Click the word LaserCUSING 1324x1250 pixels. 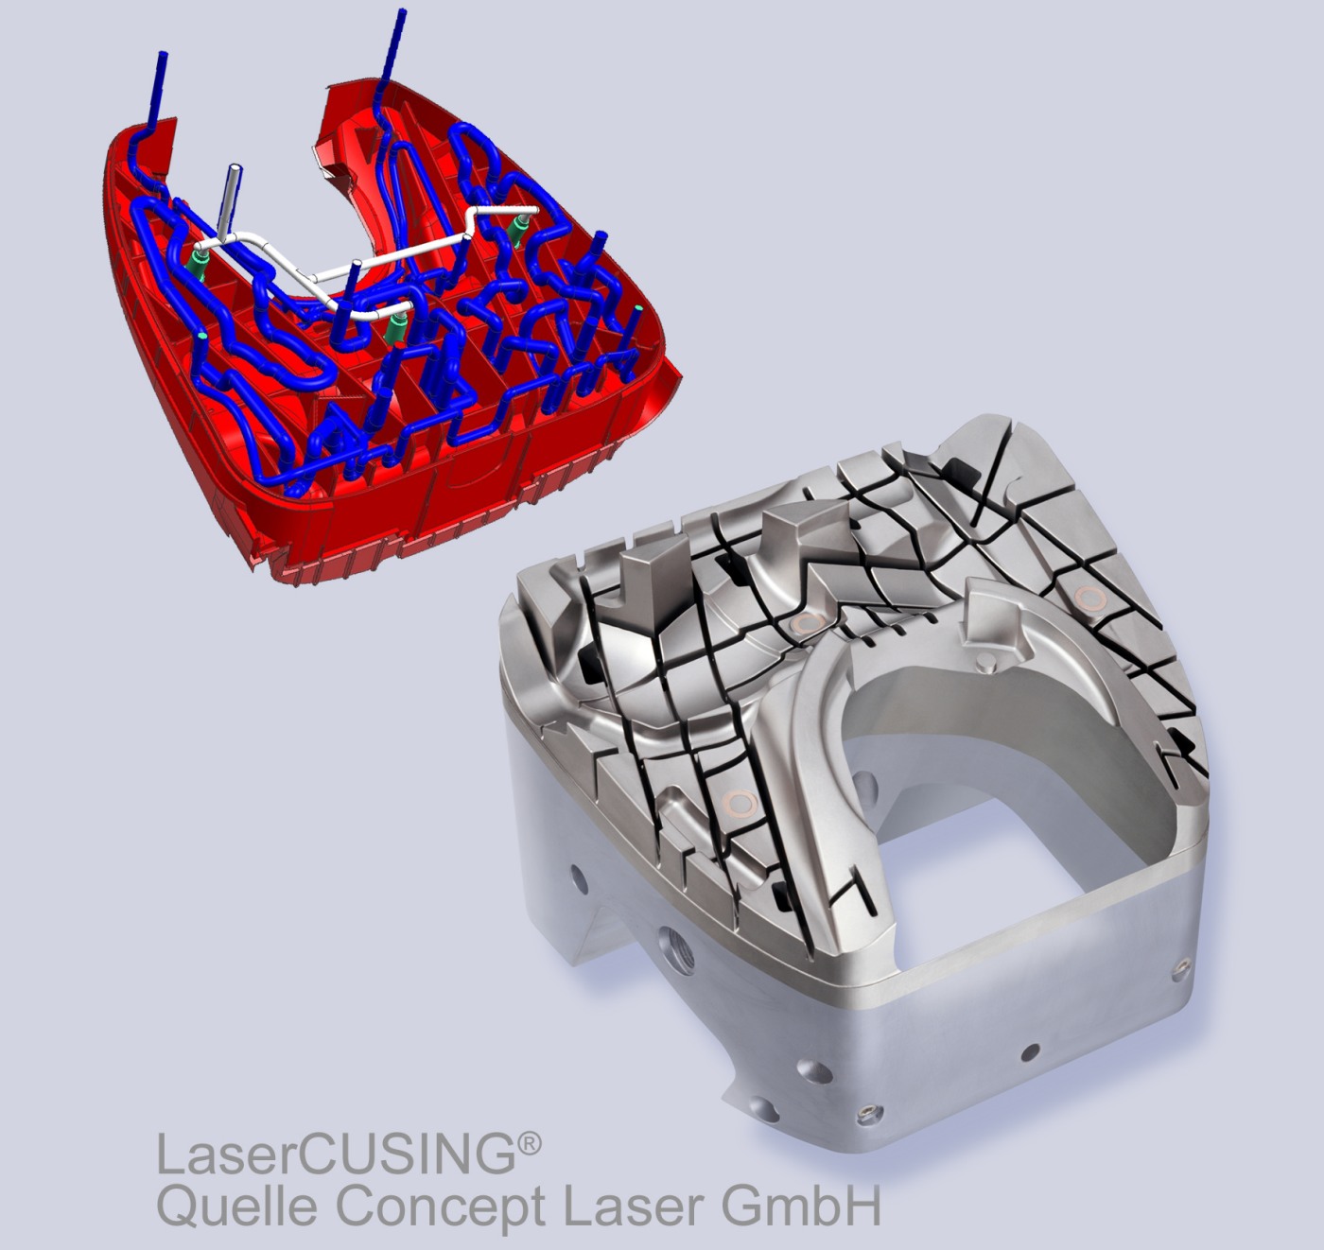(x=337, y=1156)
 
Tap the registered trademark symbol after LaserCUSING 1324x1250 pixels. (x=529, y=1145)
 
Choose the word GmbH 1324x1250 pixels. (x=799, y=1207)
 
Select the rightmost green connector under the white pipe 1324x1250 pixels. (x=517, y=230)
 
